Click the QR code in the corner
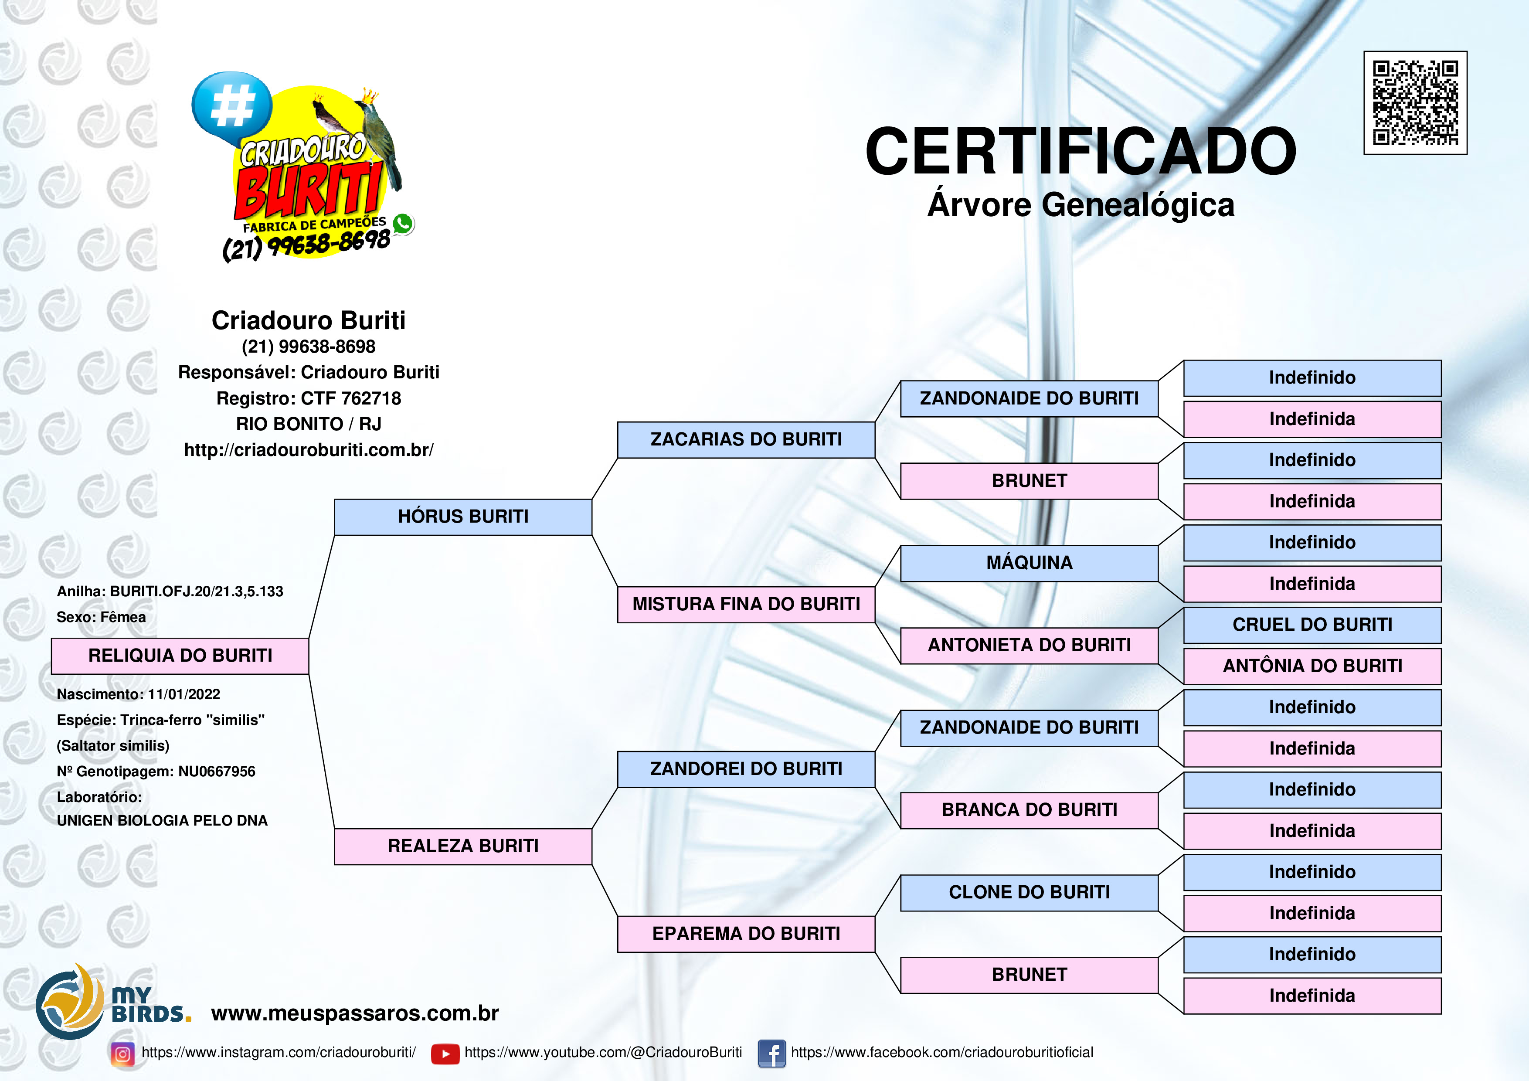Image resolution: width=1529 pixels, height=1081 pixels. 1415,102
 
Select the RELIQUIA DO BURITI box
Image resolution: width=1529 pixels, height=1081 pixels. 180,656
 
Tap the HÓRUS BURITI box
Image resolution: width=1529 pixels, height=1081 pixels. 463,517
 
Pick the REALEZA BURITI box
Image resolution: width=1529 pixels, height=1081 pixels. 463,846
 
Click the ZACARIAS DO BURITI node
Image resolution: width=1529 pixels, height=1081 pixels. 746,440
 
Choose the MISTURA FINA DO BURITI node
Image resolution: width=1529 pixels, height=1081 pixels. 746,605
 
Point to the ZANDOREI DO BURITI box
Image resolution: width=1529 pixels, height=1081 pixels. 746,769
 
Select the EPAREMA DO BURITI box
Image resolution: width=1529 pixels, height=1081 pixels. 746,934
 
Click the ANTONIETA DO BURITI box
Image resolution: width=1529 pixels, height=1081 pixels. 1029,646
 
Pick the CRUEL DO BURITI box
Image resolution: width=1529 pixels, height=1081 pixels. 1312,625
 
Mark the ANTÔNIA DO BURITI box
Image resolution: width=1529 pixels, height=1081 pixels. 1312,666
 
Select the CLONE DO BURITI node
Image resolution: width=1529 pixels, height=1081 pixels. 1029,893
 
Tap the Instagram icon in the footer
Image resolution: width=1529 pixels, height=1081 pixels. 122,1054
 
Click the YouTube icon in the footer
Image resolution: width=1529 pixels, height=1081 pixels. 445,1054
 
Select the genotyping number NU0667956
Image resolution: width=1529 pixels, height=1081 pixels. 217,771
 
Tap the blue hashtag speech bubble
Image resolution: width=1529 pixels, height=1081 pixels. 232,106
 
